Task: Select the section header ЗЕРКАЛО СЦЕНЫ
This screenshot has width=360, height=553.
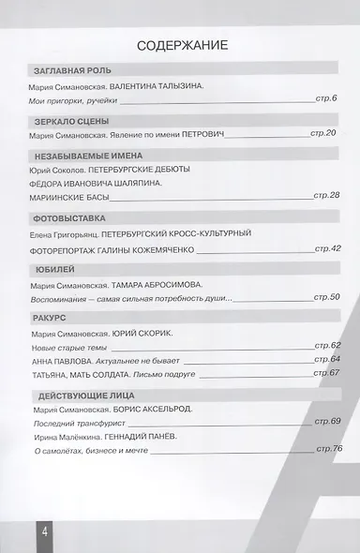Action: coord(70,121)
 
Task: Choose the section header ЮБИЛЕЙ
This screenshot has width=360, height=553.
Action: coord(50,268)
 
